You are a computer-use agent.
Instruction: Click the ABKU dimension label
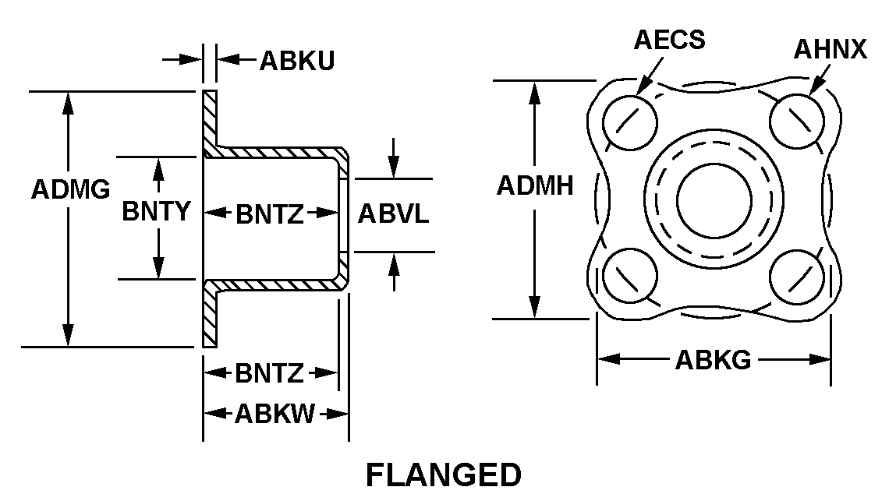pyautogui.click(x=297, y=60)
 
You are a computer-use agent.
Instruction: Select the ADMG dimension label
pyautogui.click(x=70, y=190)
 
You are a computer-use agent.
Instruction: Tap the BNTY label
pyautogui.click(x=156, y=211)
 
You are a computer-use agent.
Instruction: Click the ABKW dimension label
pyautogui.click(x=274, y=414)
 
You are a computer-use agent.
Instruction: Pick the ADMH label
pyautogui.click(x=536, y=186)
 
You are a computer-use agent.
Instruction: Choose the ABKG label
pyautogui.click(x=713, y=360)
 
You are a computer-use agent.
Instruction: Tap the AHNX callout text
pyautogui.click(x=830, y=50)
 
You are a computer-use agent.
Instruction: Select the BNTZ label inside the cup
pyautogui.click(x=269, y=213)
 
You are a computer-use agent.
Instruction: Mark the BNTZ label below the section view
pyautogui.click(x=269, y=374)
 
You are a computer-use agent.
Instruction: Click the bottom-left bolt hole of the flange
pyautogui.click(x=630, y=277)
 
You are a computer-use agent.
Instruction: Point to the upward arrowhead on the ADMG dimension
pyautogui.click(x=69, y=101)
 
